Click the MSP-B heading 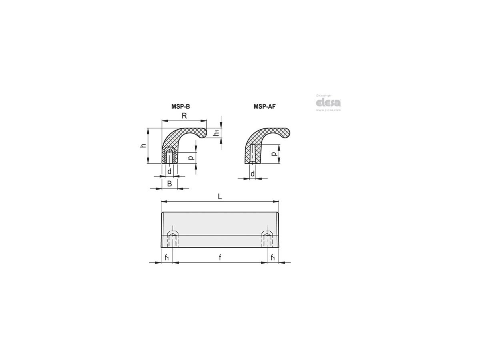180,106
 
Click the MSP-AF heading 265,106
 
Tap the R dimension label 184,116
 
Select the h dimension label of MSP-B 143,145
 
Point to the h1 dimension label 216,133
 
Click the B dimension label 169,184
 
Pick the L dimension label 220,196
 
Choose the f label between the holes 220,258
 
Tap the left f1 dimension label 167,258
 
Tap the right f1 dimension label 273,258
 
